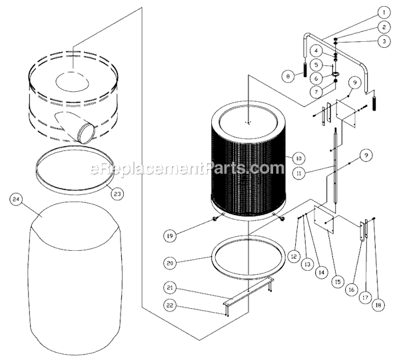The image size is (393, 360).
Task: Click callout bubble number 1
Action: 384,13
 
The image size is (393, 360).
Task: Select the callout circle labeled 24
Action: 16,200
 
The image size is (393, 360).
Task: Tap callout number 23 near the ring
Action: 117,194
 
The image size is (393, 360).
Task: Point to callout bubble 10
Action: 298,158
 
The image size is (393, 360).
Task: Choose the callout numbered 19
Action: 170,236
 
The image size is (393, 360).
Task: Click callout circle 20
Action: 170,263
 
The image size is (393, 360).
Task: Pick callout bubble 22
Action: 170,305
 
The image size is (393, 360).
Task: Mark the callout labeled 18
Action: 378,305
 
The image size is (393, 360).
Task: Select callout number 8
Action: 288,76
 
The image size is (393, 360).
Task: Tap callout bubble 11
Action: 298,173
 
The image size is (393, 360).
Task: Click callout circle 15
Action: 338,282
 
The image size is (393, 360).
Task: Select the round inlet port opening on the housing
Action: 87,132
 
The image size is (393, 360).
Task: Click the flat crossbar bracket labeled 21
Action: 248,290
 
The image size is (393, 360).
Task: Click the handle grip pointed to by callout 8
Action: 305,70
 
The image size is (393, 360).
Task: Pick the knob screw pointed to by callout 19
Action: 214,219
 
